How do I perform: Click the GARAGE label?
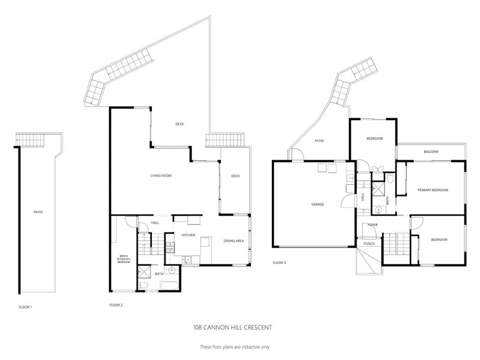[317, 205]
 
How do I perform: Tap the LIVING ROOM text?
[161, 176]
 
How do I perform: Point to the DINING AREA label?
[233, 241]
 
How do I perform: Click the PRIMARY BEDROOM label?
[433, 190]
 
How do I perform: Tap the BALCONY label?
[430, 152]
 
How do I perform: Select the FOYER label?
[372, 225]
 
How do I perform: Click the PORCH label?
[369, 244]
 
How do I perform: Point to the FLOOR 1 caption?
[25, 307]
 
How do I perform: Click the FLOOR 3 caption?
[280, 263]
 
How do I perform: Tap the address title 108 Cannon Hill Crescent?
[233, 327]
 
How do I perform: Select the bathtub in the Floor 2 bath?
[166, 284]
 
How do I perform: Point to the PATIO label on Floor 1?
[38, 212]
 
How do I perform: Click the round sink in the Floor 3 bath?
[379, 211]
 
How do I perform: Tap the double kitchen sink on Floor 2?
[188, 260]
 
